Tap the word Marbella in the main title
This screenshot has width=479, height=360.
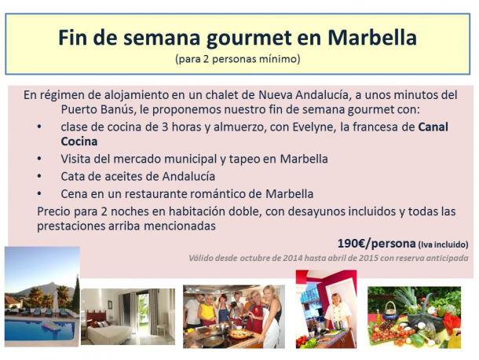[372, 37]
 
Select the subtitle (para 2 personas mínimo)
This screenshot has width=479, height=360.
[238, 58]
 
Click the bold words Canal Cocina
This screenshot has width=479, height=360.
[254, 134]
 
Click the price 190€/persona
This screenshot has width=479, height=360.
[376, 244]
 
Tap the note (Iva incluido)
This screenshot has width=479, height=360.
[443, 244]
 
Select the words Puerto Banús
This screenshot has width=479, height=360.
[97, 109]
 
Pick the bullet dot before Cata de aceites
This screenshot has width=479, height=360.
[39, 177]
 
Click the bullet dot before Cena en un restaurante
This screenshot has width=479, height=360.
[39, 194]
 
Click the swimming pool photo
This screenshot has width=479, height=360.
[42, 296]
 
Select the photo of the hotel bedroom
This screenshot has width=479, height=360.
[128, 316]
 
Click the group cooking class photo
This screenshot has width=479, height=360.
[234, 316]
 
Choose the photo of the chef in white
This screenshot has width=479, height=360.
[326, 309]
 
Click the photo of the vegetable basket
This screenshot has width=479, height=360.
[414, 318]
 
